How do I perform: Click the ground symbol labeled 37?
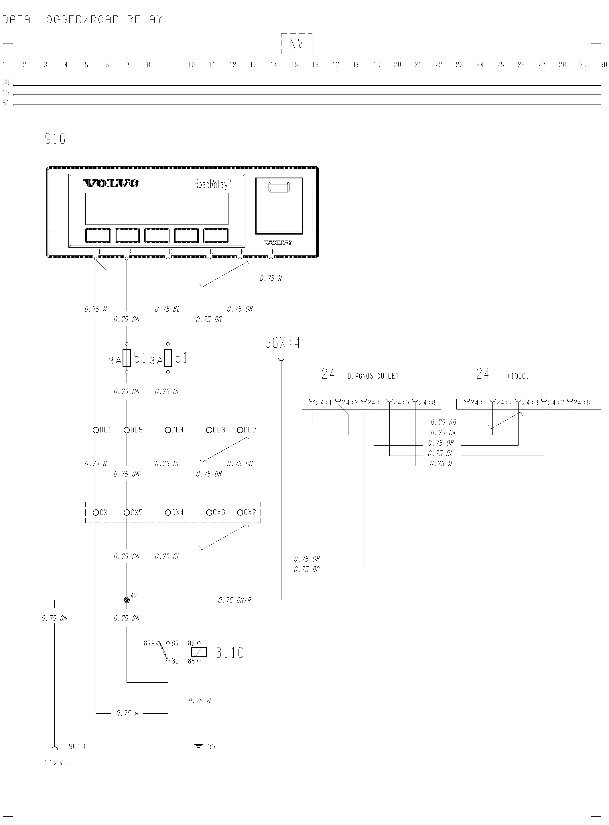[199, 746]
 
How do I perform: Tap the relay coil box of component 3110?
[199, 652]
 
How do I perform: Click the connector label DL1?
[105, 430]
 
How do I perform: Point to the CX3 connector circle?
[209, 512]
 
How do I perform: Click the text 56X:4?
[282, 343]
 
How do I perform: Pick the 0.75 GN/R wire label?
[234, 600]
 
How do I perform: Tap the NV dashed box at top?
[297, 44]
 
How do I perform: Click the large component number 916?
[55, 139]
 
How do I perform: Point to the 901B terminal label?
[77, 747]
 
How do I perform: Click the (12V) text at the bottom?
[56, 763]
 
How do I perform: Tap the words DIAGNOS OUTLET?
[373, 376]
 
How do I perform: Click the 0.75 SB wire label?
[443, 422]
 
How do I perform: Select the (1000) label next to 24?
[518, 376]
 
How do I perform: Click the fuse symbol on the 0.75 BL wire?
[168, 358]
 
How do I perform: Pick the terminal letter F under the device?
[273, 252]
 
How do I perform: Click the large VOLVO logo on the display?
[111, 183]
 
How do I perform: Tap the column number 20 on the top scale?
[397, 65]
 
